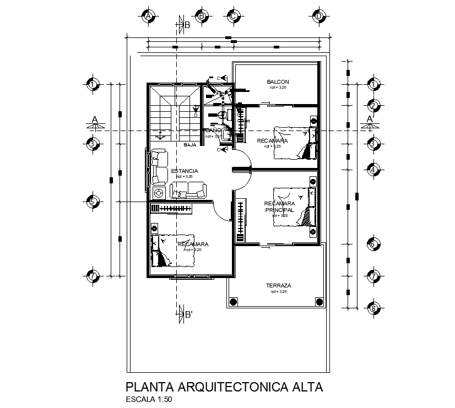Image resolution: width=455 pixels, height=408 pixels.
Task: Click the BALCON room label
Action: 278,82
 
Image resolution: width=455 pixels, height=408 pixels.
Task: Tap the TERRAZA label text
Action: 278,286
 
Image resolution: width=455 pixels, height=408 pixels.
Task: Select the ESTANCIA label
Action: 185,171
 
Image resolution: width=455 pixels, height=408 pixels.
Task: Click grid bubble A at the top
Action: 148,17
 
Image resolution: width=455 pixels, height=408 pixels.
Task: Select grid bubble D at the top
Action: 319,17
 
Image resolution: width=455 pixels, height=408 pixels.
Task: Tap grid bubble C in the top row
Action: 234,17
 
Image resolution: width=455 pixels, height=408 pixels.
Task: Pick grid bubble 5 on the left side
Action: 93,202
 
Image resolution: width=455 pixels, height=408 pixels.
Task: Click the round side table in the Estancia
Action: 160,193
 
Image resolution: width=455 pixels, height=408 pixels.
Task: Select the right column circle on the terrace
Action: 318,301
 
